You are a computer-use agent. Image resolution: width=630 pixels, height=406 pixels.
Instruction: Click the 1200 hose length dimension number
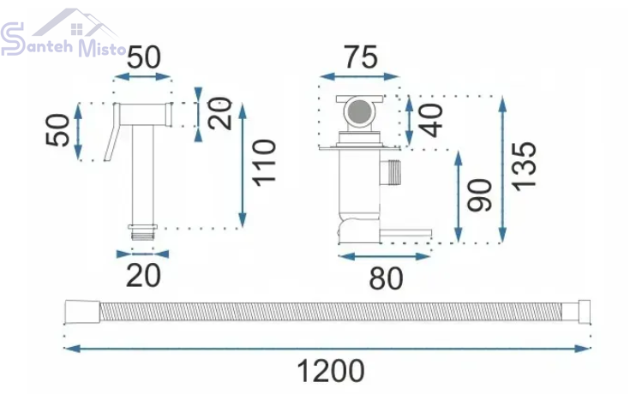(331, 371)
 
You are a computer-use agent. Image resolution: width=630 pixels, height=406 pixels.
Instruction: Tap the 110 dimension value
(264, 162)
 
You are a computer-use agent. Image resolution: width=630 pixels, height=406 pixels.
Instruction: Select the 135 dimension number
(524, 166)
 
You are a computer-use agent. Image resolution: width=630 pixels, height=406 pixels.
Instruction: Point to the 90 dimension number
(479, 195)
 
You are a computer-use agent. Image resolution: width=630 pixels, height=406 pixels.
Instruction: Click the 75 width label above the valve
(361, 57)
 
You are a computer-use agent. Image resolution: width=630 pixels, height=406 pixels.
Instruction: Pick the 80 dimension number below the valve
(386, 278)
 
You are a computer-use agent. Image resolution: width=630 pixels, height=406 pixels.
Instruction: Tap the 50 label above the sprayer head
(144, 57)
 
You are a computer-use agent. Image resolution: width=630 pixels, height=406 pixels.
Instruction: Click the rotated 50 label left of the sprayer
(58, 129)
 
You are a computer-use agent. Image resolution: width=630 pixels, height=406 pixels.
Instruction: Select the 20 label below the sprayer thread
(143, 276)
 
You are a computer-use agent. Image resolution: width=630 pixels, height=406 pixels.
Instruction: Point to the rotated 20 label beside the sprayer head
(220, 113)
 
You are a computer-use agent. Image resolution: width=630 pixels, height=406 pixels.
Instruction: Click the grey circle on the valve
(360, 110)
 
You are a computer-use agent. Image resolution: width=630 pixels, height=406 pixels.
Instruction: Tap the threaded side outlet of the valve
(391, 172)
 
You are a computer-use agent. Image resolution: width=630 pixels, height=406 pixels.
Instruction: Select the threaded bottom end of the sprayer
(142, 232)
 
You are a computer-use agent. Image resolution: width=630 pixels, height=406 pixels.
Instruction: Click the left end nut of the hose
(82, 311)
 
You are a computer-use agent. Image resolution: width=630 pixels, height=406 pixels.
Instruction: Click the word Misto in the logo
(102, 48)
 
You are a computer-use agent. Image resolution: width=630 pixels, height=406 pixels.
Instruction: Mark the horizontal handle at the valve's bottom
(405, 233)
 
